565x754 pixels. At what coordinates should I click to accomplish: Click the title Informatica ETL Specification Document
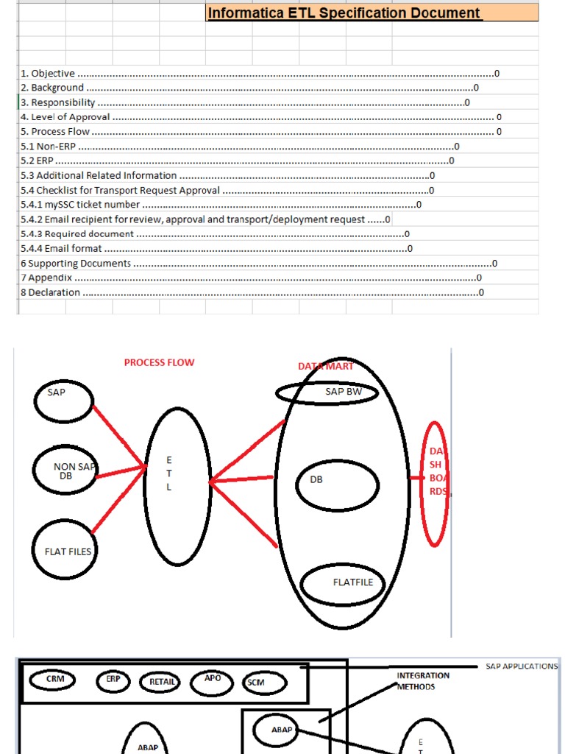click(x=344, y=13)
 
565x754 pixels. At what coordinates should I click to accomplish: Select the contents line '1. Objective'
click(x=48, y=74)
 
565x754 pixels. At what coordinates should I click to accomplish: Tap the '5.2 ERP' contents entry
click(x=38, y=161)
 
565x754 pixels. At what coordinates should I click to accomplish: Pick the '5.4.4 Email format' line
click(x=62, y=248)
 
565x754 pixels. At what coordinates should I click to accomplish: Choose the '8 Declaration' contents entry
click(x=51, y=292)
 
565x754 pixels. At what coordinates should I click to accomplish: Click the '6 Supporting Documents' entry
click(x=76, y=263)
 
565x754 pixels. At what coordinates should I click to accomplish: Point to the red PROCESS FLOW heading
click(x=159, y=363)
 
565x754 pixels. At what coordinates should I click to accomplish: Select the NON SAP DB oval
click(x=65, y=471)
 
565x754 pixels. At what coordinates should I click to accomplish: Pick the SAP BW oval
click(x=327, y=393)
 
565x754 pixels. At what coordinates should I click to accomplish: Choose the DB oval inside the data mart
click(x=338, y=484)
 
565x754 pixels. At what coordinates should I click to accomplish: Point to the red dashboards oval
click(x=436, y=484)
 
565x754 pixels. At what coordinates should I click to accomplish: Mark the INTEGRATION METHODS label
click(x=423, y=681)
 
